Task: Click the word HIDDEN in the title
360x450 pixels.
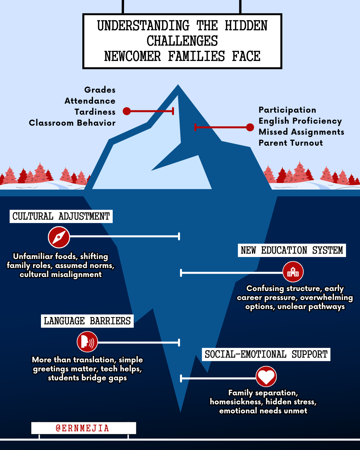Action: pyautogui.click(x=246, y=26)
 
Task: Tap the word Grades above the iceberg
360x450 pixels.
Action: pyautogui.click(x=100, y=90)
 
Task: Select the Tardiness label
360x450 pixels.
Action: pyautogui.click(x=95, y=112)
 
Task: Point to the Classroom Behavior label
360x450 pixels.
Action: pyautogui.click(x=72, y=123)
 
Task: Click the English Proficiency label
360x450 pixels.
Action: pyautogui.click(x=300, y=121)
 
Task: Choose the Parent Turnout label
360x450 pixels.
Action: pyautogui.click(x=291, y=143)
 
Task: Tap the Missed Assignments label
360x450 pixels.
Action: pyautogui.click(x=301, y=132)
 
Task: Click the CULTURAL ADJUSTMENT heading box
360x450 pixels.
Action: pyautogui.click(x=61, y=216)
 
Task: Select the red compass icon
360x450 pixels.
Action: pyautogui.click(x=59, y=237)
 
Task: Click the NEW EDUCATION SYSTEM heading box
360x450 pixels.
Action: pyautogui.click(x=292, y=250)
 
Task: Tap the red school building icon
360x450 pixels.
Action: pyautogui.click(x=293, y=272)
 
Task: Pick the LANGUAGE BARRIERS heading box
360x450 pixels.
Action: pyautogui.click(x=87, y=321)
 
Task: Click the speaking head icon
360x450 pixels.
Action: pyautogui.click(x=87, y=342)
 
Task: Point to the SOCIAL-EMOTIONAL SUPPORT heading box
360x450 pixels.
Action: pyautogui.click(x=266, y=354)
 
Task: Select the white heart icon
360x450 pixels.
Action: pyautogui.click(x=266, y=376)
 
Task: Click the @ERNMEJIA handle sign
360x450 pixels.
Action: pyautogui.click(x=84, y=428)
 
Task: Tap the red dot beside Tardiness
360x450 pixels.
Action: pyautogui.click(x=127, y=111)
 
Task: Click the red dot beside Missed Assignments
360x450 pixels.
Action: pyautogui.click(x=250, y=127)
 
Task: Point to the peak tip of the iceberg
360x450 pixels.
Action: pyautogui.click(x=178, y=85)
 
